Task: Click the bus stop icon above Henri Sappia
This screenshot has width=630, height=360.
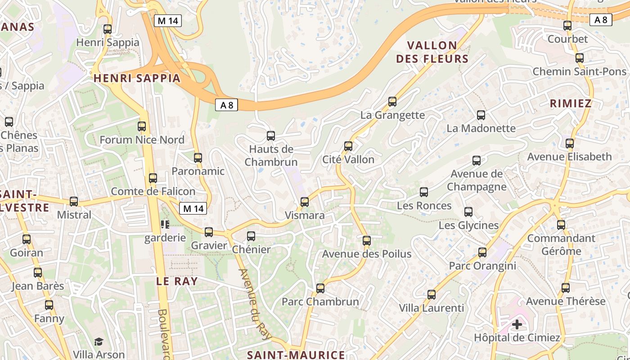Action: pos(107,29)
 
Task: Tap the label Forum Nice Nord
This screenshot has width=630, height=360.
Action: pos(142,140)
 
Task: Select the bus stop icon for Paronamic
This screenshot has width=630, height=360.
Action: pos(198,158)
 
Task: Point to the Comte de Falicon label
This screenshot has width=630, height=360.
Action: pos(153,191)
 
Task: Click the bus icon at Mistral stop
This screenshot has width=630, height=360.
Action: pos(74,202)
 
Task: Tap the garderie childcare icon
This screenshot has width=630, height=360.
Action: pos(165,224)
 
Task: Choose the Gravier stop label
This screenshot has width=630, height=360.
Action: pos(209,246)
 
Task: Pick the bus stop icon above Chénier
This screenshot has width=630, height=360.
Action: pos(251,236)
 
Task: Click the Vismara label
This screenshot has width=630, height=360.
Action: pos(305,216)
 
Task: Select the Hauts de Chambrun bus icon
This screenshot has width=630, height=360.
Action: pos(271,136)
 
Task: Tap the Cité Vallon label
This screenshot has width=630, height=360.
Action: pos(348,160)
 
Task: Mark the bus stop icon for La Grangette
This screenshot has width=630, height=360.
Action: pos(392,102)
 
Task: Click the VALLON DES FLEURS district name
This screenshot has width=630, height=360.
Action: pos(432,52)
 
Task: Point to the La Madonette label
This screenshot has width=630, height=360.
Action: pos(481,128)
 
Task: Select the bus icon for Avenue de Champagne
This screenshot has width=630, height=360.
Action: pos(477,161)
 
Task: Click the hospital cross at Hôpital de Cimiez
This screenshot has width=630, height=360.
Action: pos(517,324)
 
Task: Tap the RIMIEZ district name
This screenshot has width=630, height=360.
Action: pos(571,103)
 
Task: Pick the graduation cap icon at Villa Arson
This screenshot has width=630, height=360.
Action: pos(99,342)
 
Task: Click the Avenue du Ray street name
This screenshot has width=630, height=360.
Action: pos(255,304)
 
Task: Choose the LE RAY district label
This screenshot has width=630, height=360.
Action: pos(177,282)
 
